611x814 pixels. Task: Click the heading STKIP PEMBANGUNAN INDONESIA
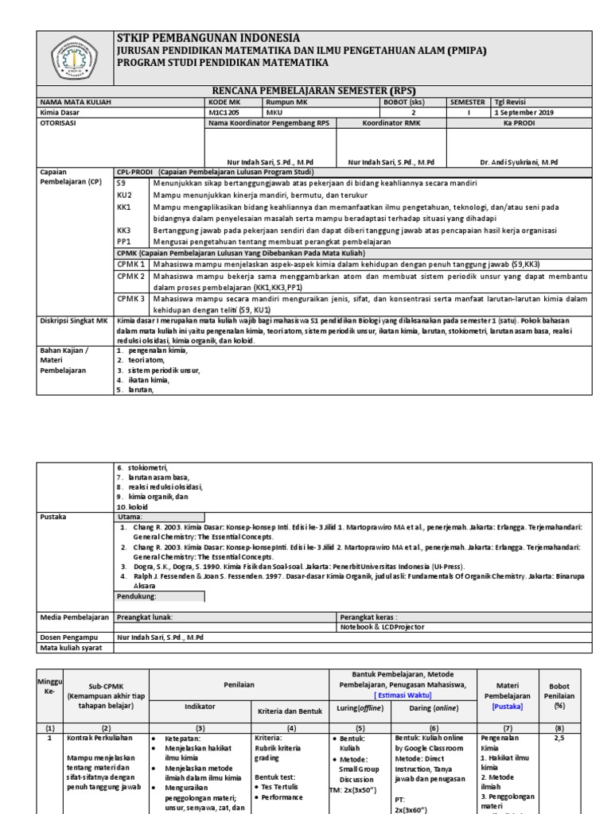[208, 38]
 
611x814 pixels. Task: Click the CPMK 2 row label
[131, 276]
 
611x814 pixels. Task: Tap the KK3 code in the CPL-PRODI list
[124, 230]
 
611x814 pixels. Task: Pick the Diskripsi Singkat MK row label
[74, 320]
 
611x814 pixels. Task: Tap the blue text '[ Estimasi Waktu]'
[403, 694]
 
